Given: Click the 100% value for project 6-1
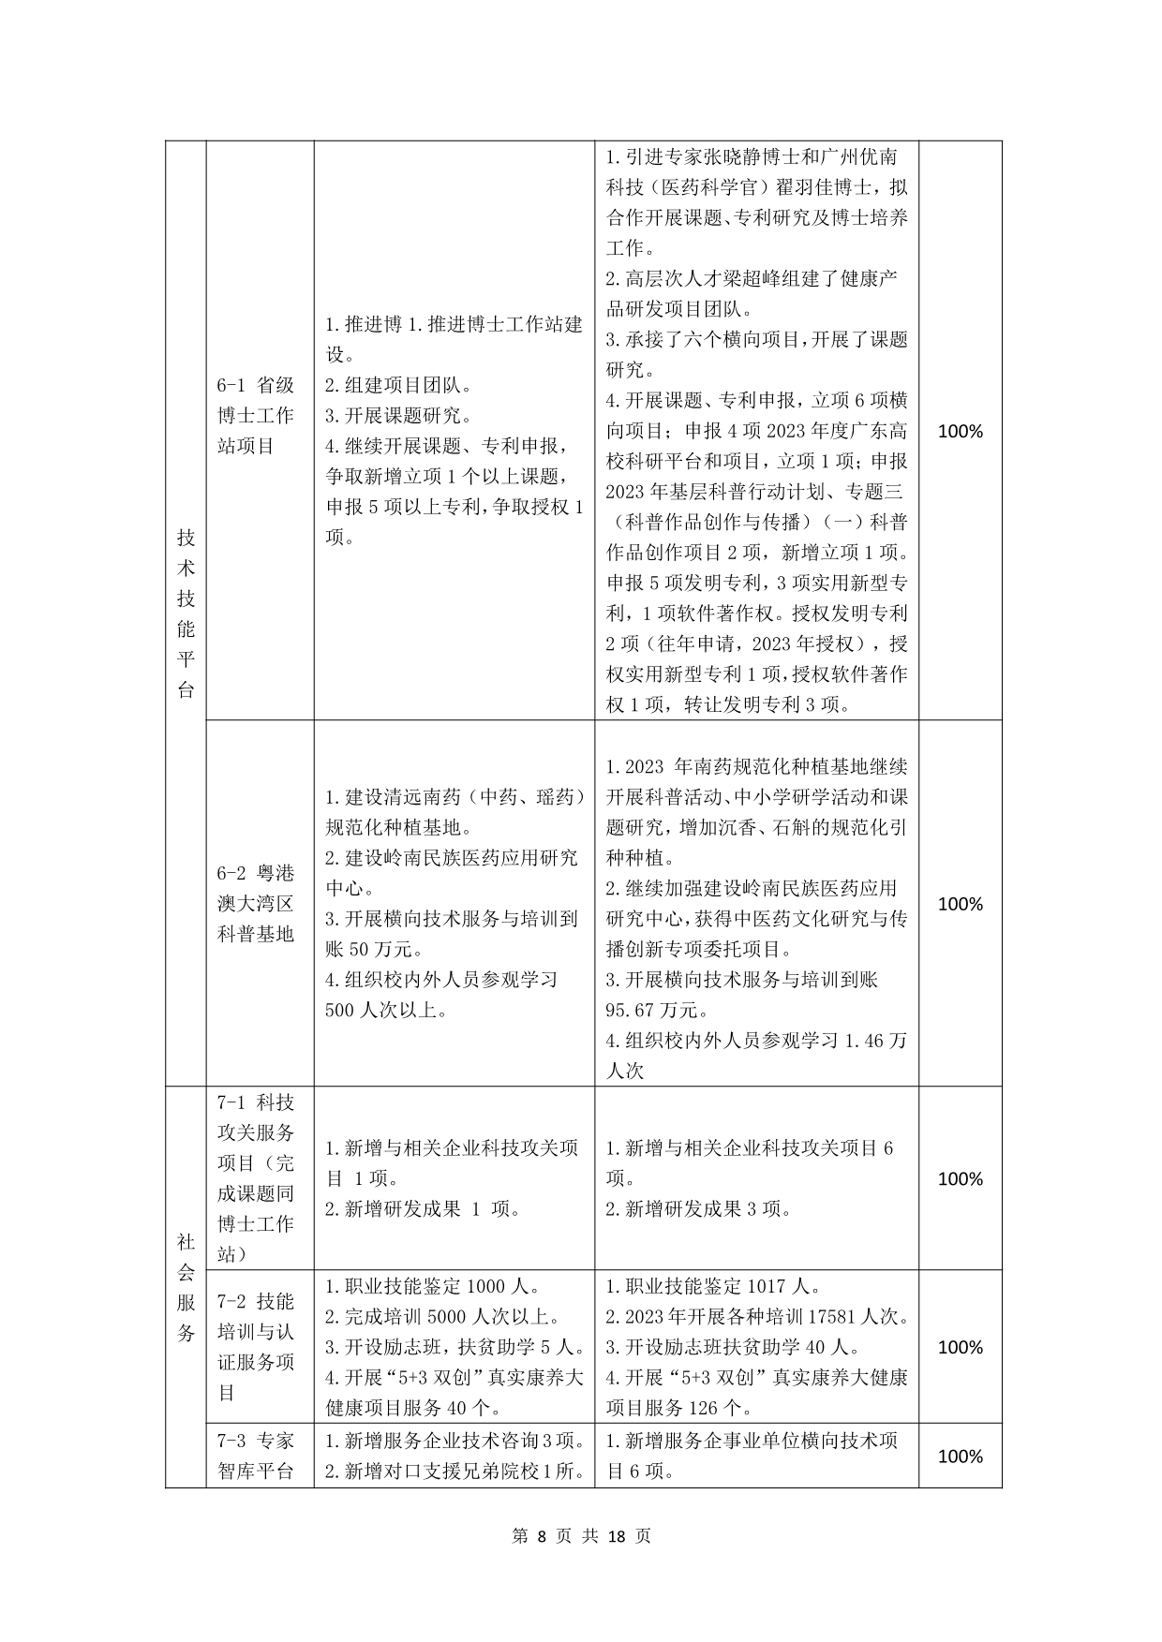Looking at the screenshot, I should [960, 432].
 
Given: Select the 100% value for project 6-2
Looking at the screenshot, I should [960, 904].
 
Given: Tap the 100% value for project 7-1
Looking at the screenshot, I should [960, 1179].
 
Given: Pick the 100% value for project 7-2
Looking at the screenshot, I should [960, 1347].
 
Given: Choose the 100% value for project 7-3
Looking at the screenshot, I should [960, 1456].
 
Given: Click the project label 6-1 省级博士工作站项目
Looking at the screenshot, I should [256, 415].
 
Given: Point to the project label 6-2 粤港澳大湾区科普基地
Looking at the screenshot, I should [256, 904].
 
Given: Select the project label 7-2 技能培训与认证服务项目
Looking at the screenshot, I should [256, 1346].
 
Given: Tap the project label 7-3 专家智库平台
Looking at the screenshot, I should [256, 1456].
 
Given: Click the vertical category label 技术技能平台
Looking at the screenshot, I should [186, 614].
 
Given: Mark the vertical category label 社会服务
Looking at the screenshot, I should [186, 1286].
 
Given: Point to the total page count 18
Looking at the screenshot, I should [616, 1536].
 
